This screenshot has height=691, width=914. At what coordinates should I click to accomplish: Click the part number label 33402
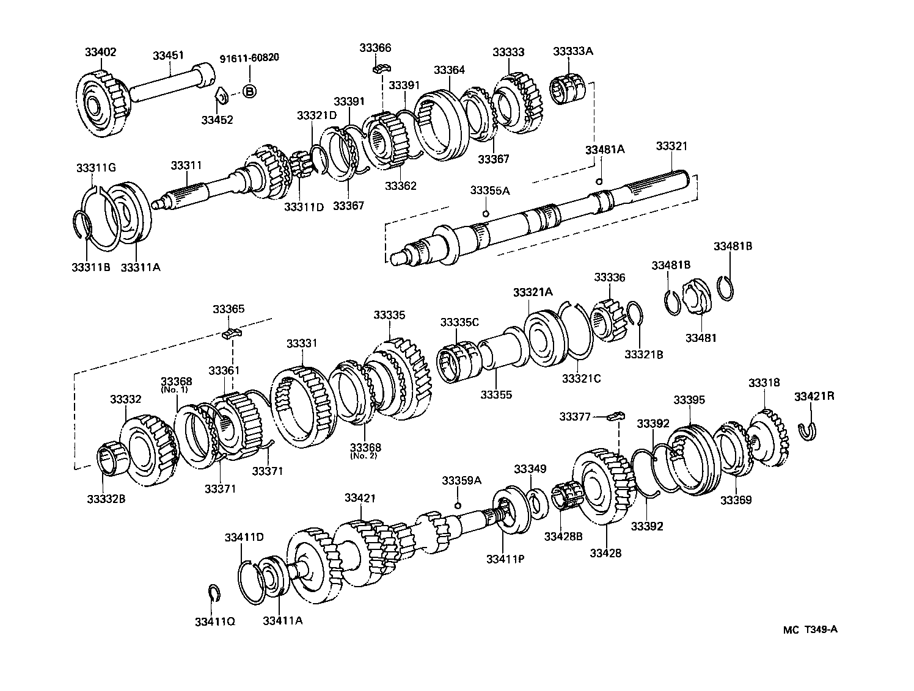coord(100,52)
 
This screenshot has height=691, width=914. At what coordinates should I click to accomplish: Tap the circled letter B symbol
coord(249,92)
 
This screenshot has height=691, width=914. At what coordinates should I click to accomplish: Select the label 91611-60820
coord(249,58)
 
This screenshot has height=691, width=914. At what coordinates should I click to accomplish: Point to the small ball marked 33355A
coord(486,213)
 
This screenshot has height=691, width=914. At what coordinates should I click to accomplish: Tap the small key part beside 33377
coord(616,417)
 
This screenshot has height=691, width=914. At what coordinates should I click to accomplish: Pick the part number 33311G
coord(95,167)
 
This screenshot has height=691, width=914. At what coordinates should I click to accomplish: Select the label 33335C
coord(459,322)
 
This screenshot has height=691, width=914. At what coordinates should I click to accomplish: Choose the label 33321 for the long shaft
coord(671,146)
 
